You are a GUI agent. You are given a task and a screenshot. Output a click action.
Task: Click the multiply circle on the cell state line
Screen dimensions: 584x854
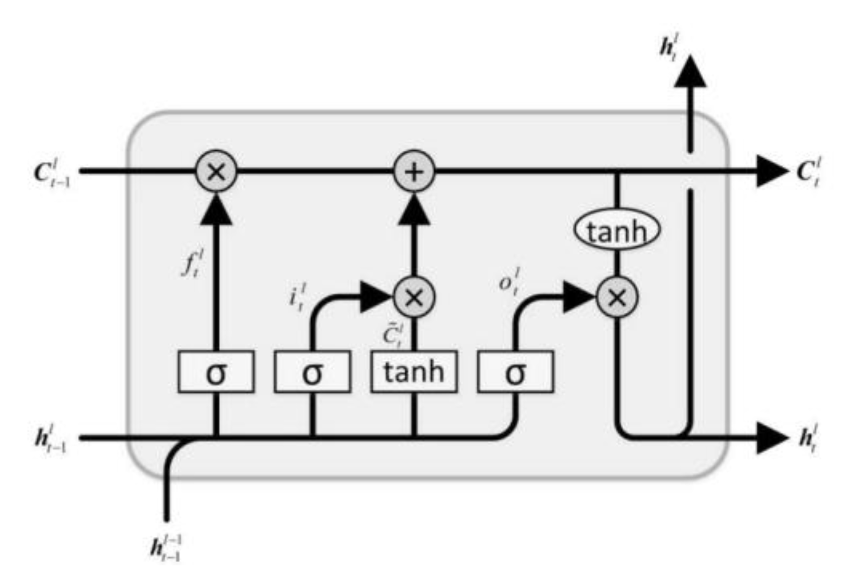click(216, 172)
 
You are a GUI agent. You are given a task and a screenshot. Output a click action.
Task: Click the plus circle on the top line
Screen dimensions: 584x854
click(414, 172)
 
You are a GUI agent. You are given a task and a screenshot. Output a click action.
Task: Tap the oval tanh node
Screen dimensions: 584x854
click(617, 231)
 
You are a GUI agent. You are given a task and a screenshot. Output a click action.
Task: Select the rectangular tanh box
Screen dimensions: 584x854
click(414, 371)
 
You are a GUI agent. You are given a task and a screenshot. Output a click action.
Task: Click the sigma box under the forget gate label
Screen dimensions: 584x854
click(215, 372)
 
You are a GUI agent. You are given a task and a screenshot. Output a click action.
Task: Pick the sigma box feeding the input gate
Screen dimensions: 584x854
click(312, 372)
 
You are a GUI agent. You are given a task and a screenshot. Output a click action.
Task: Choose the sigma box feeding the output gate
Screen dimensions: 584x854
click(515, 372)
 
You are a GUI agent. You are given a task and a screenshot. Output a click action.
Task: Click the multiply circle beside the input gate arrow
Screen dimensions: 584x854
click(414, 297)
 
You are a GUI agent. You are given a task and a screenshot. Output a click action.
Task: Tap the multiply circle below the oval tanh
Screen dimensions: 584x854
click(617, 297)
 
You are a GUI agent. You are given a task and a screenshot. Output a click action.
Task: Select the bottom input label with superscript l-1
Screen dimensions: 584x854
click(165, 549)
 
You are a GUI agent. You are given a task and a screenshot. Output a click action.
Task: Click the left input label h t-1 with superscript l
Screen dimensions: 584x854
click(51, 438)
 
